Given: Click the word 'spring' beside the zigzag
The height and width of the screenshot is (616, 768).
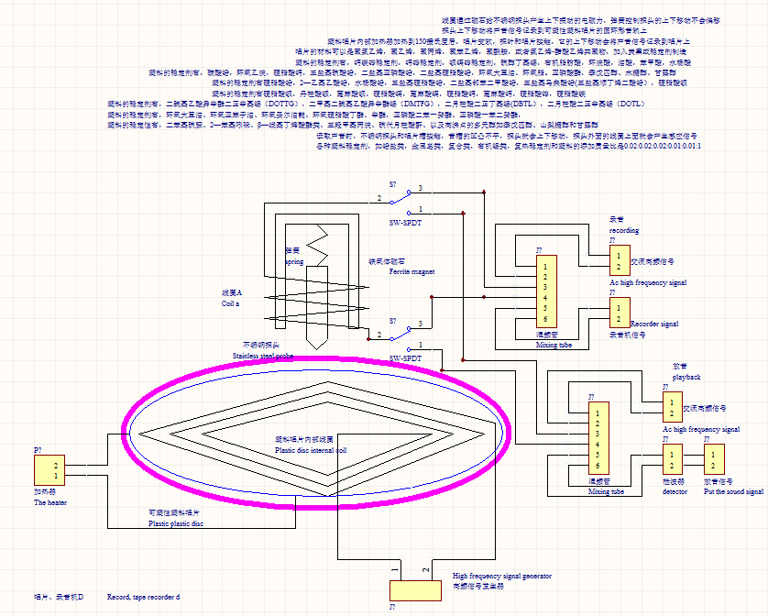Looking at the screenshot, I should (294, 261).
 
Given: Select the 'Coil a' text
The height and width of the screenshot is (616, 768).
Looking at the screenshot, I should (231, 302).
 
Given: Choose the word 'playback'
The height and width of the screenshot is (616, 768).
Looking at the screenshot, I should (686, 376).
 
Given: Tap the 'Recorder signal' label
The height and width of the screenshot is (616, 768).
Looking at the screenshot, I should (654, 324).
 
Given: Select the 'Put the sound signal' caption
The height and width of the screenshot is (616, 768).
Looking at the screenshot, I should (733, 492).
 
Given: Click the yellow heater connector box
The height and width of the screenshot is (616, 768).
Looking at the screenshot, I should (49, 470).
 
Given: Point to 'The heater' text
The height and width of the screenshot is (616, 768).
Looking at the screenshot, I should (50, 502).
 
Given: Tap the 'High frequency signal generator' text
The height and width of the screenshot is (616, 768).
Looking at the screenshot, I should (502, 576).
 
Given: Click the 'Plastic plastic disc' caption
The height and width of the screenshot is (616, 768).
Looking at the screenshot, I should (176, 523).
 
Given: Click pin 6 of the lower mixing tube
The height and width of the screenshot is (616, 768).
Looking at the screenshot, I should (598, 465).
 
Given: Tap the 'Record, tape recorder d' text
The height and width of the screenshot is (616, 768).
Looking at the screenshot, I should (143, 597).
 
